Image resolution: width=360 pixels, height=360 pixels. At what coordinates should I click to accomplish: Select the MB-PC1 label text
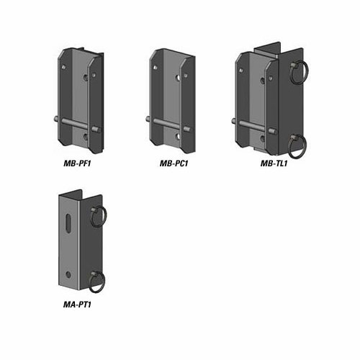[x=174, y=163]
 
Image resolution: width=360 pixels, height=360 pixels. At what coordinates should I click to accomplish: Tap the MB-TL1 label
[x=274, y=163]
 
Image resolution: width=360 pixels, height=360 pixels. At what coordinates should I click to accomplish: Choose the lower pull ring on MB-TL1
[x=298, y=146]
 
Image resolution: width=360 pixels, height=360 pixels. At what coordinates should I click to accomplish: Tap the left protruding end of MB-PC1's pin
[x=148, y=120]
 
